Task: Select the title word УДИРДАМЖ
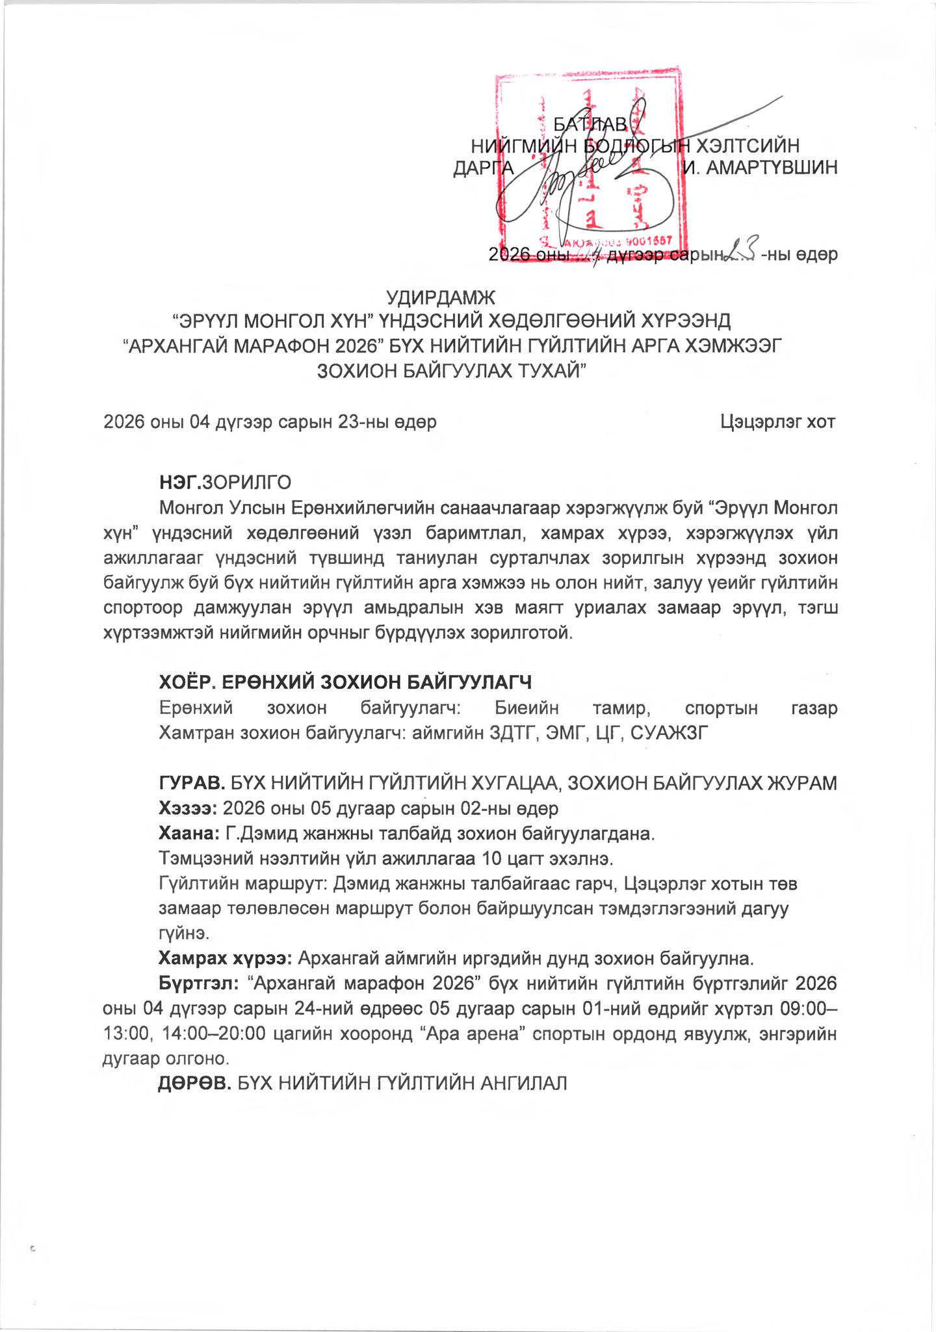pyautogui.click(x=441, y=299)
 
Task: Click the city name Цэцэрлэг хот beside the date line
pyautogui.click(x=777, y=422)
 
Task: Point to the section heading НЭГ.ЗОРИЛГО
pyautogui.click(x=225, y=483)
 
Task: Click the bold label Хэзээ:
pyautogui.click(x=188, y=808)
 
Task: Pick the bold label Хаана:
pyautogui.click(x=188, y=833)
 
